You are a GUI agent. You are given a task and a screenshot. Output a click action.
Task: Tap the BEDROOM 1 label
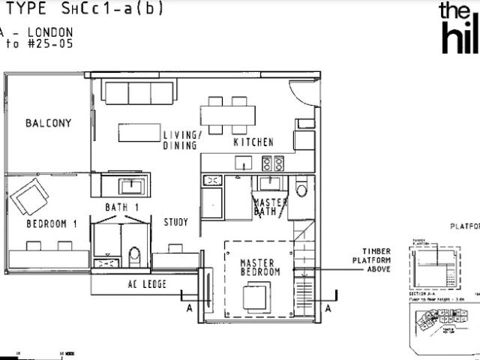tap(52, 223)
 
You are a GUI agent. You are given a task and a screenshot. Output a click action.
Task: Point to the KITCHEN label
tap(253, 142)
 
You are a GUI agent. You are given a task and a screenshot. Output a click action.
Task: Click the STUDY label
tap(175, 222)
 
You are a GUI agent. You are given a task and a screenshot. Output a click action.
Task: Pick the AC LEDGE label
tap(146, 284)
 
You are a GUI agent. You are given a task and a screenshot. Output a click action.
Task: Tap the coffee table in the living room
tap(139, 133)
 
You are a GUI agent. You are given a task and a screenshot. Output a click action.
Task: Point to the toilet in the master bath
tap(301, 187)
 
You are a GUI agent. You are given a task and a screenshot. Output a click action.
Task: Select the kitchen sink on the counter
tap(243, 162)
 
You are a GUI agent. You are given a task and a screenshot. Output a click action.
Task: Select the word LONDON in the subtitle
tap(49, 32)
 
